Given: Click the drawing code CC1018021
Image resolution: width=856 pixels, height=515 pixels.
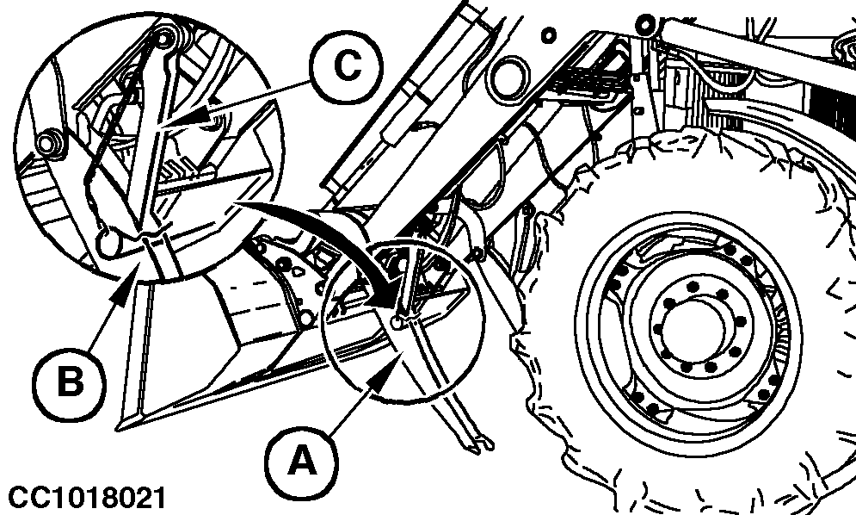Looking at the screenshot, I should (83, 498).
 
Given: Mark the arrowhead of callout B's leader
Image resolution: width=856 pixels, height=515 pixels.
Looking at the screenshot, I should (132, 274).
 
